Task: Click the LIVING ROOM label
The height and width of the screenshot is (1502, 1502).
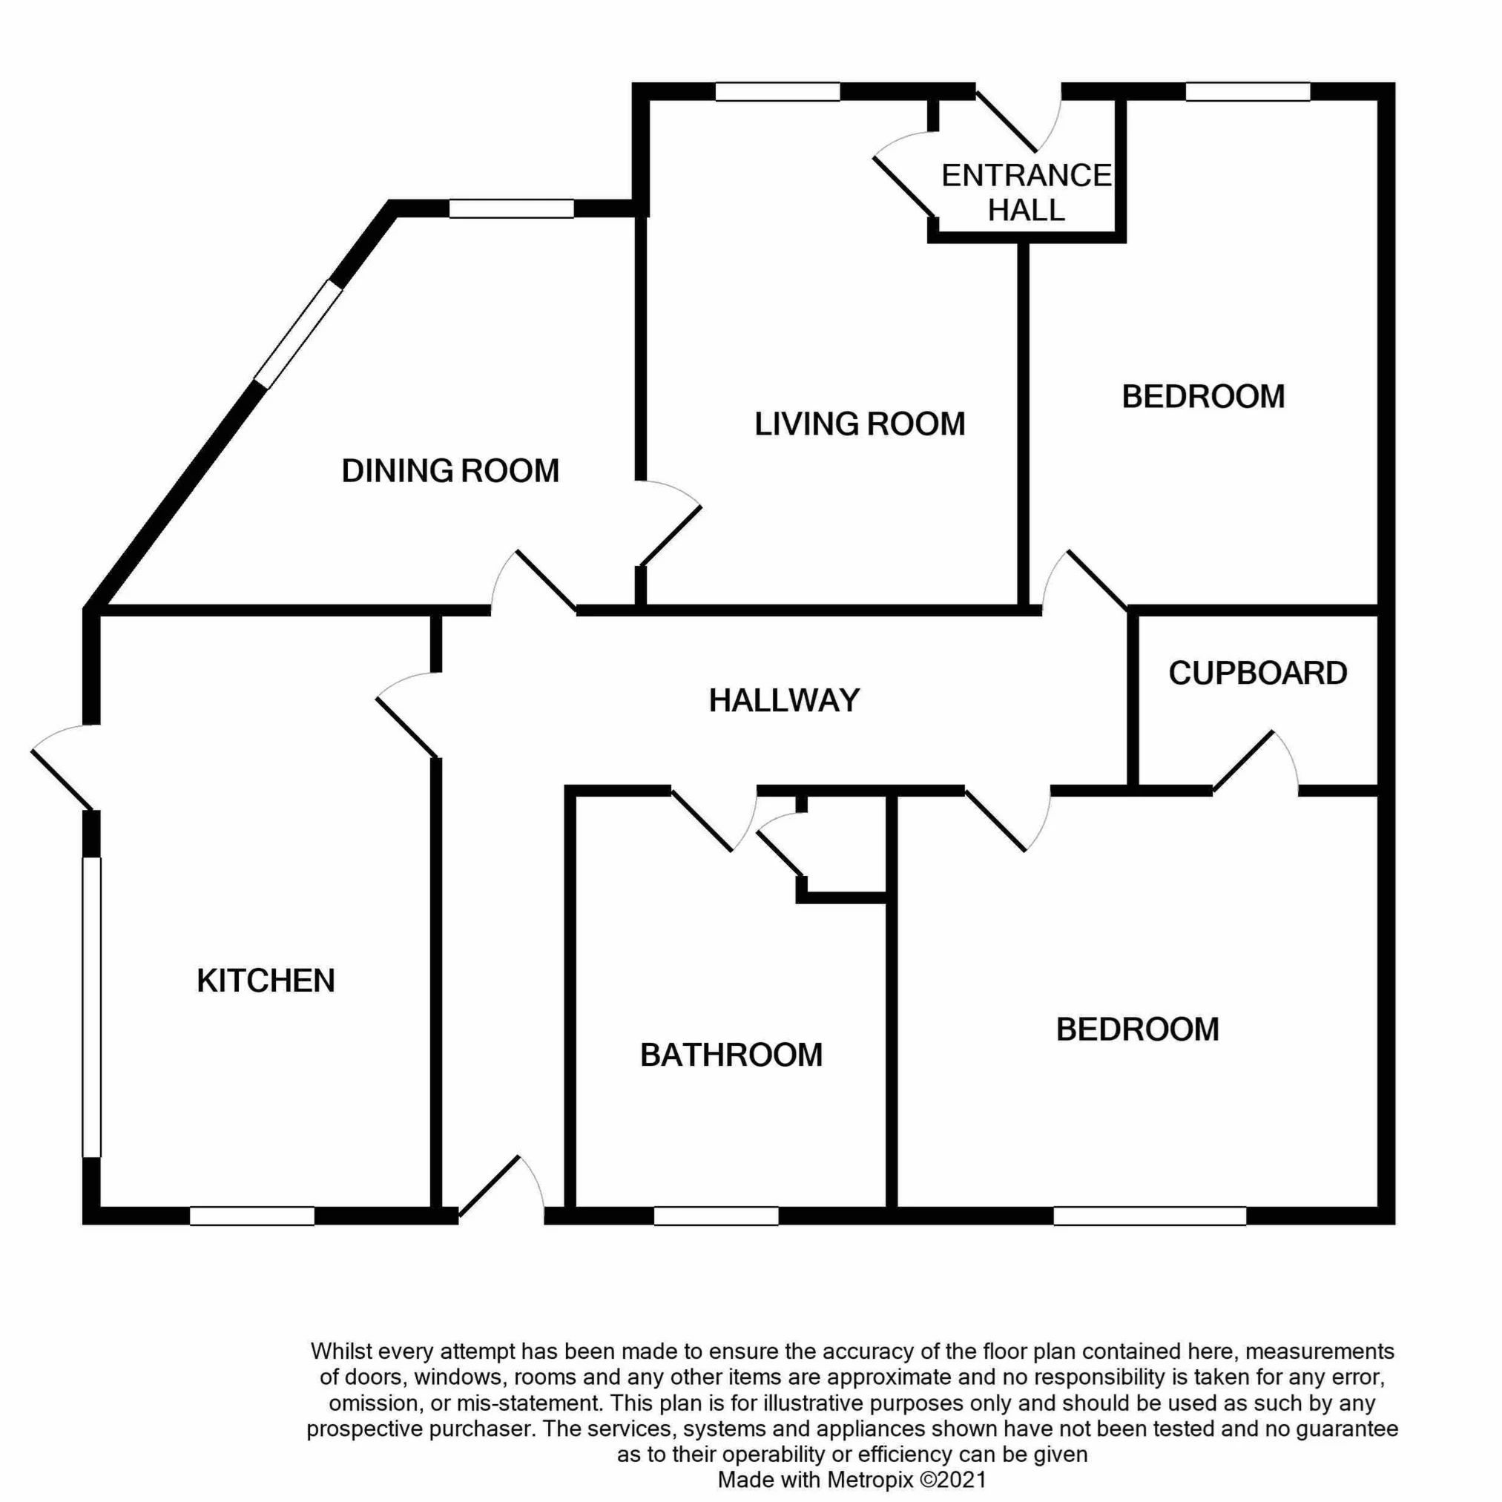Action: click(860, 424)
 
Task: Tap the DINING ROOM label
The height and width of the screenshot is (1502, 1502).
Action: click(450, 470)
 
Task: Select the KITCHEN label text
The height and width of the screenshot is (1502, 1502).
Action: click(266, 981)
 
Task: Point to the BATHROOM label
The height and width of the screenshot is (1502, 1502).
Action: click(731, 1055)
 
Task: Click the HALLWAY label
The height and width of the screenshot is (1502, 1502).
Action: click(784, 700)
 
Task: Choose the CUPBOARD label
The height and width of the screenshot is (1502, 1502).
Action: click(1258, 673)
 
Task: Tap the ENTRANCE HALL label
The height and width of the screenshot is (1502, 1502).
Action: click(1027, 193)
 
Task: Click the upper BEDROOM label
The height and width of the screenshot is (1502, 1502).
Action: click(1204, 397)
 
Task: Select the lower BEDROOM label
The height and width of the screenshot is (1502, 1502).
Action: click(1137, 1030)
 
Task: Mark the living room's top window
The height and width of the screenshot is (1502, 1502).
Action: click(777, 92)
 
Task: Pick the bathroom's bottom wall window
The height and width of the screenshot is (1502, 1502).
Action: click(716, 1216)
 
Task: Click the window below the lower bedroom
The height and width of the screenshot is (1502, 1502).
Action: click(1150, 1216)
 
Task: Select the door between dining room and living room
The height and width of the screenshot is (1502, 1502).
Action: click(670, 522)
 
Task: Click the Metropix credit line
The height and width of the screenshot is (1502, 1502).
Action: click(852, 1480)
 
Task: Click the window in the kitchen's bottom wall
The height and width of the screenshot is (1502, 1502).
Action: click(252, 1216)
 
